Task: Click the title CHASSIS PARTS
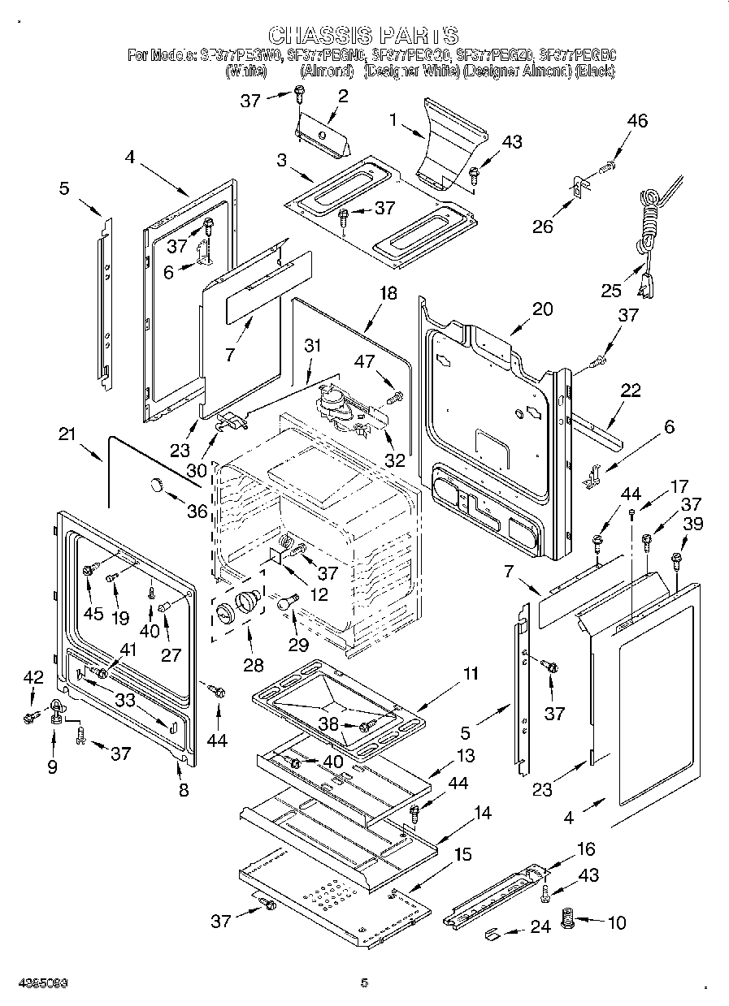[x=363, y=35]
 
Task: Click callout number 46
[x=637, y=121]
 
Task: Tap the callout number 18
[x=388, y=293]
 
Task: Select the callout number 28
[x=253, y=664]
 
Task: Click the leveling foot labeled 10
[x=568, y=922]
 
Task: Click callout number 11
[x=471, y=673]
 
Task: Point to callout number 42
[x=33, y=677]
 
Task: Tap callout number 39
[x=692, y=526]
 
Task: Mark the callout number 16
[x=585, y=849]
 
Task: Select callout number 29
[x=298, y=644]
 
